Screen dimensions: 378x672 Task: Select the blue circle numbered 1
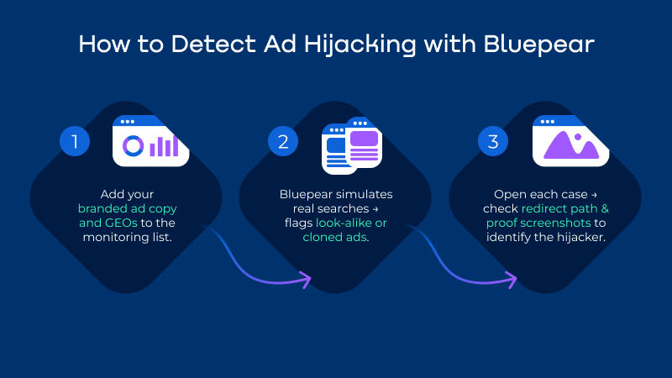coord(74,141)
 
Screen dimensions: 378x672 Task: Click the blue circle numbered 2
coord(284,141)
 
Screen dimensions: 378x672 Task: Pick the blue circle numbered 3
coord(493,141)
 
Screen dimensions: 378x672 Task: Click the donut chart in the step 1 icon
coord(133,146)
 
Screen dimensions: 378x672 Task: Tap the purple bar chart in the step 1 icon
coord(164,146)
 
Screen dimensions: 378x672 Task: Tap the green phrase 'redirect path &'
coord(562,208)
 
